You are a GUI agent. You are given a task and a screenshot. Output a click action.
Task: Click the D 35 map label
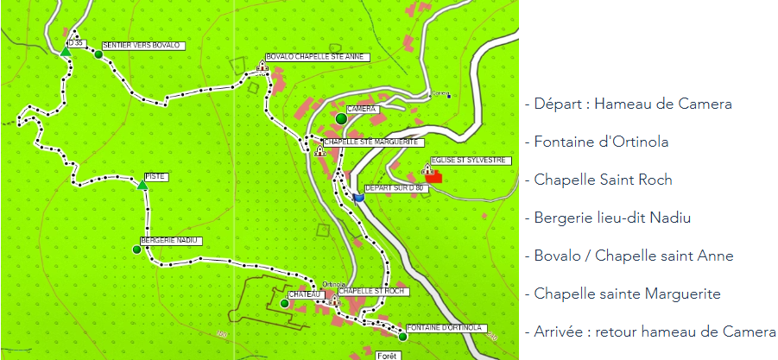[x=79, y=42]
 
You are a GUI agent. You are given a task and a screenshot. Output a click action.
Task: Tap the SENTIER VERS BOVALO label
[x=140, y=45]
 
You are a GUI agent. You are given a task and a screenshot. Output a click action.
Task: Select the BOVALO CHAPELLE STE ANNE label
[x=317, y=57]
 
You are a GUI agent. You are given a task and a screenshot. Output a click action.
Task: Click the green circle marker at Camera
[x=341, y=118]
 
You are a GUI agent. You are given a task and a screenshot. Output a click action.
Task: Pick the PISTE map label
[x=155, y=176]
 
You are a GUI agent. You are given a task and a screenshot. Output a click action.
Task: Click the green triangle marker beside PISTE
[x=142, y=184]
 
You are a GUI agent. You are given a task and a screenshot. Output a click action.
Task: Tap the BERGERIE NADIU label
[x=170, y=240]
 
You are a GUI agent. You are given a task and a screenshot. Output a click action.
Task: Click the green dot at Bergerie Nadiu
[x=136, y=249]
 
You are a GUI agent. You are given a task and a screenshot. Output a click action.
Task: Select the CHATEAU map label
[x=305, y=294]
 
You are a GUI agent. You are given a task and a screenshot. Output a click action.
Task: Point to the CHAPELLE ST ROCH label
[x=371, y=291]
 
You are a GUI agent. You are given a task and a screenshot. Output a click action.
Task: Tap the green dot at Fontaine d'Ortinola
[x=402, y=337]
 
